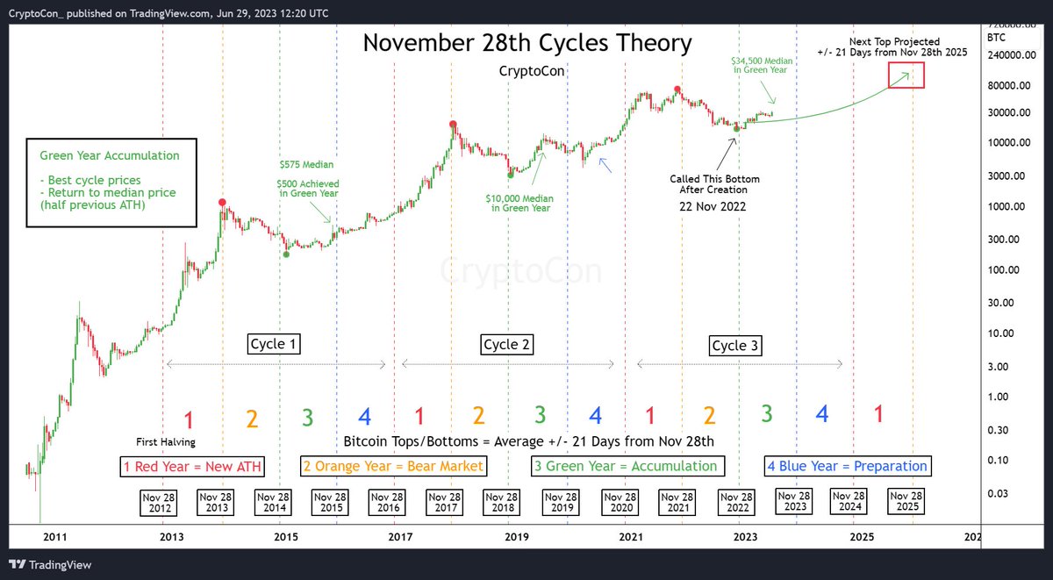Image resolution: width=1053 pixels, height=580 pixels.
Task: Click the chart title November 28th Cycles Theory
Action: tap(527, 43)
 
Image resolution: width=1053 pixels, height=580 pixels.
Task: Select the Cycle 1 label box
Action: tap(274, 344)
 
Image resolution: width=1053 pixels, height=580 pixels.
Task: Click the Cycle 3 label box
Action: tap(735, 346)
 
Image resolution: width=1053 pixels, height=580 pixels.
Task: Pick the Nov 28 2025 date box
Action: tap(906, 502)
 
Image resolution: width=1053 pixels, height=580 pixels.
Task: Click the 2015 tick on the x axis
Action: tap(283, 536)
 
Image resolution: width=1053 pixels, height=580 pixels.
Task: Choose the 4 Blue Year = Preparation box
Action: tap(848, 466)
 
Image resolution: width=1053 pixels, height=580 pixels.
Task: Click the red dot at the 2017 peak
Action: tap(453, 125)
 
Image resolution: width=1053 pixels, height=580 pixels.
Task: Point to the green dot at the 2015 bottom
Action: tap(286, 254)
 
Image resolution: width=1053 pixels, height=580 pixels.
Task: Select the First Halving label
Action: tap(166, 441)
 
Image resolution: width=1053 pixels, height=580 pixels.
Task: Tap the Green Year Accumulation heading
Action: tap(110, 155)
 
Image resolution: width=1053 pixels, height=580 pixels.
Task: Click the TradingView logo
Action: tap(51, 564)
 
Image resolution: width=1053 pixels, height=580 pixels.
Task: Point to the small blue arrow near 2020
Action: tap(604, 164)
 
